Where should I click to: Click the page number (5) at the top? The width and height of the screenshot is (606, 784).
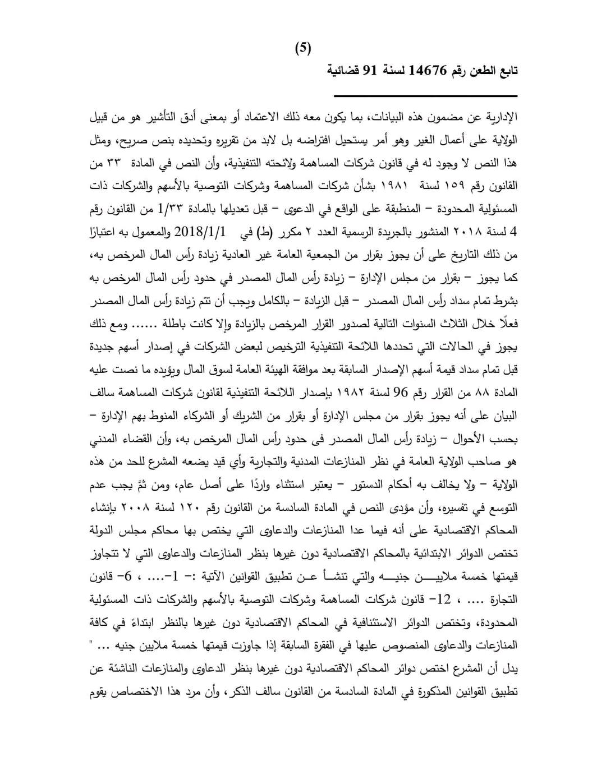tap(303, 48)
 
